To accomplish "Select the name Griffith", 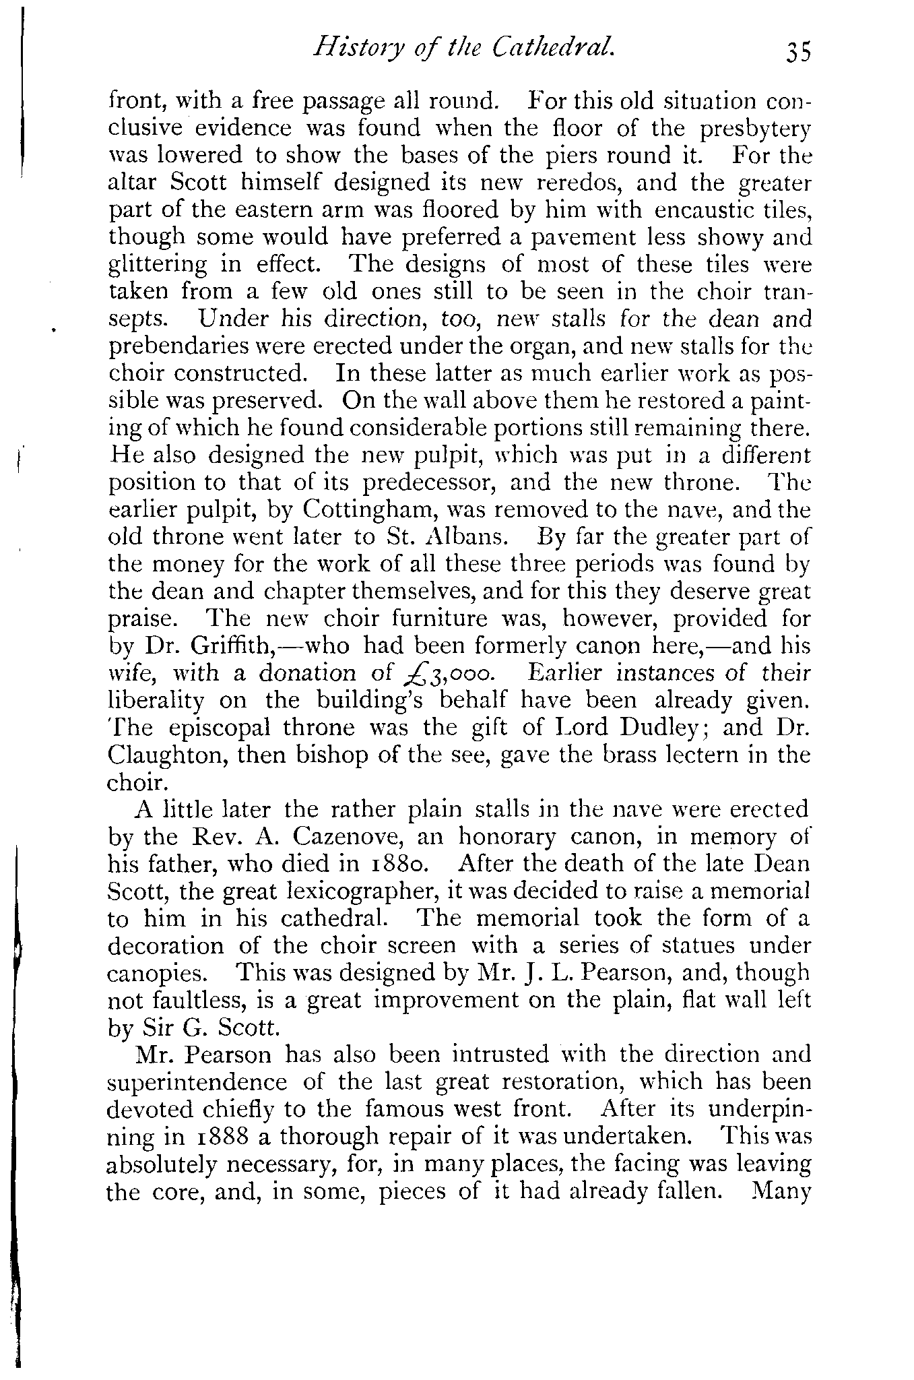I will (229, 646).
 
